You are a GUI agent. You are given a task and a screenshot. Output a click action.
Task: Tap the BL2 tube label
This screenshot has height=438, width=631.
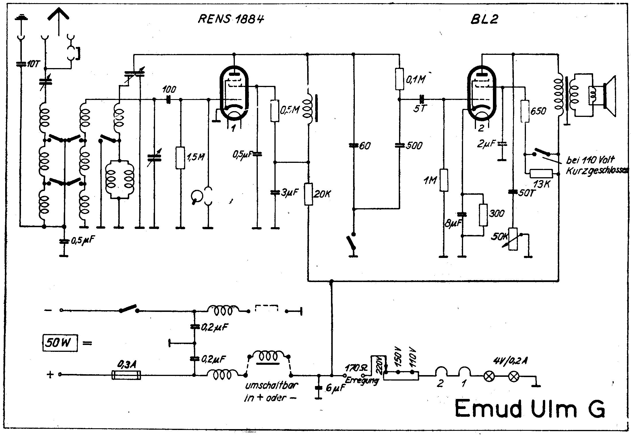click(484, 19)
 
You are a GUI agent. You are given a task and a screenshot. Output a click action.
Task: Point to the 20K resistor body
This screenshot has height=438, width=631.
click(308, 194)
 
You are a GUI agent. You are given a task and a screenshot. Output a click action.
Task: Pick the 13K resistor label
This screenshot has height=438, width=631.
click(541, 184)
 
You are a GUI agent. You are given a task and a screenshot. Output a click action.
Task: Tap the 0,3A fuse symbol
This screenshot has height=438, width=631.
click(126, 375)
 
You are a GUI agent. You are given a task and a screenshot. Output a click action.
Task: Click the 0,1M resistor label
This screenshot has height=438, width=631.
click(415, 79)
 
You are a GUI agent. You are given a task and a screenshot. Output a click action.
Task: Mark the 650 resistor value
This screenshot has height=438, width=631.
click(538, 111)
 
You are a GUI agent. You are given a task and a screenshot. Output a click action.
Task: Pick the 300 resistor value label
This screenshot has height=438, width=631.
click(496, 213)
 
